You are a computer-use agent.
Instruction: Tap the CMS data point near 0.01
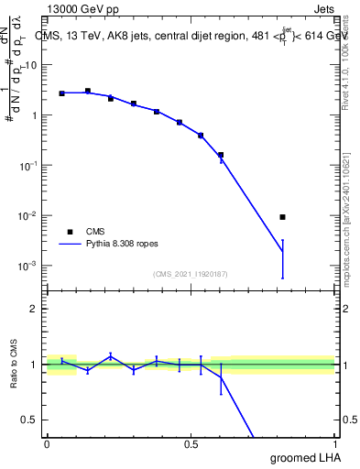pos(283,217)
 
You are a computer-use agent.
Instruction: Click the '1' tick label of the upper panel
pos(35,115)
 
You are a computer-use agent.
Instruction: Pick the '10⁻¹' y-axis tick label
pos(30,166)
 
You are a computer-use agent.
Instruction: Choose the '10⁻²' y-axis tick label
pos(30,216)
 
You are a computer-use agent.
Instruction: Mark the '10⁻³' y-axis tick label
pos(30,266)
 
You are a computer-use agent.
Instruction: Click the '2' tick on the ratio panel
pos(34,309)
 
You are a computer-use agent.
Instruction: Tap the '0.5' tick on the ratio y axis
pos(30,420)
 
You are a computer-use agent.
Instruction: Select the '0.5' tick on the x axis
pos(191,444)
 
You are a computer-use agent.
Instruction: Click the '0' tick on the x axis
pos(47,444)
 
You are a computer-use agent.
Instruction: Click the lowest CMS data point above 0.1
pos(221,155)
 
